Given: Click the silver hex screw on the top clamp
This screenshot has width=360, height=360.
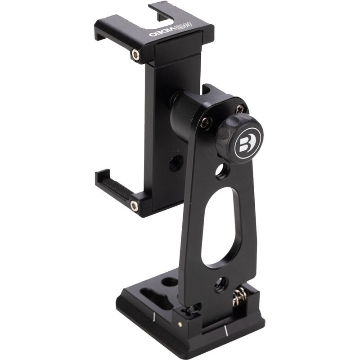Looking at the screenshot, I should (x=135, y=55).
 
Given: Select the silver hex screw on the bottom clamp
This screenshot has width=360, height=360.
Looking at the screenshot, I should (x=134, y=206).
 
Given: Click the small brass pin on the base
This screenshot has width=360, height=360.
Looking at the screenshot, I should (x=180, y=323).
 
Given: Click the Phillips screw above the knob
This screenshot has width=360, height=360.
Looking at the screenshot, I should (x=241, y=108).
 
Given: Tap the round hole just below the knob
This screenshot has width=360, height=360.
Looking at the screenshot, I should (x=221, y=171).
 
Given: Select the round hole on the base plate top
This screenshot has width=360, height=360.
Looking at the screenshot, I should (x=170, y=282).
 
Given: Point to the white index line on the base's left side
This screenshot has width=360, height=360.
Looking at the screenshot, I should (x=154, y=316).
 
